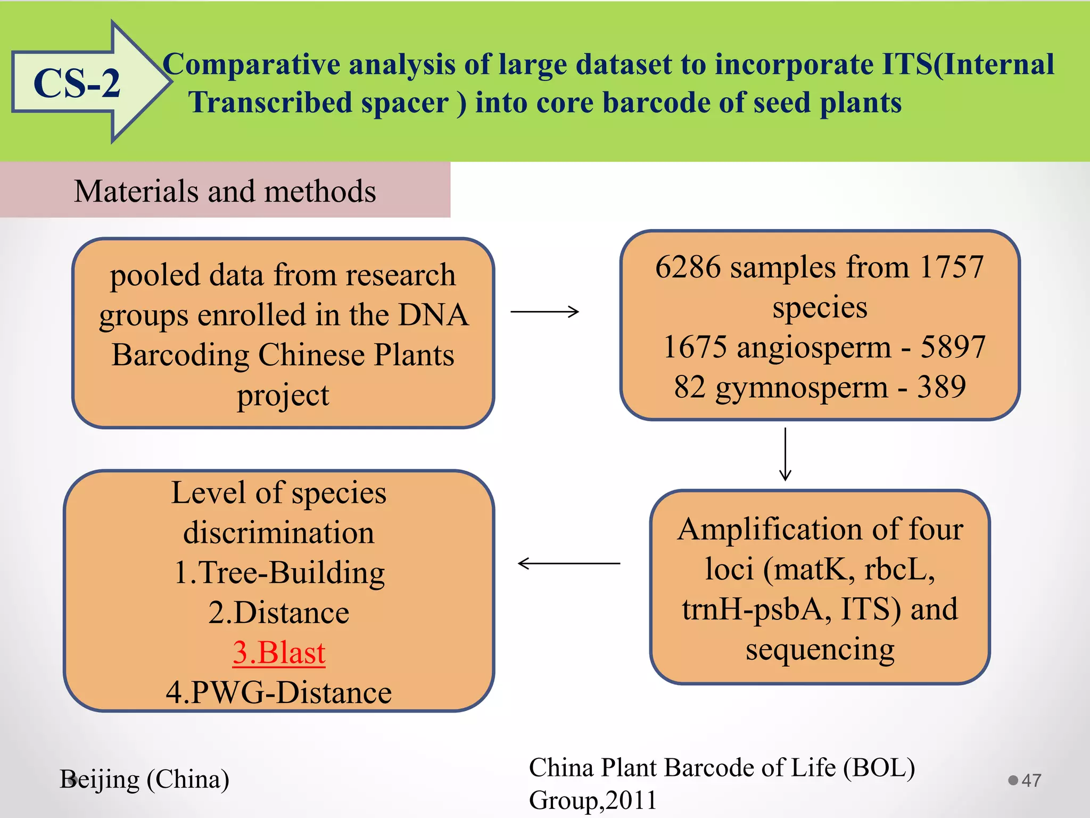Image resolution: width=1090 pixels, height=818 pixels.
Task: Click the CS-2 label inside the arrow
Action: pyautogui.click(x=77, y=84)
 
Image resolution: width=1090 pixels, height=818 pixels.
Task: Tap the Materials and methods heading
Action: pyautogui.click(x=225, y=191)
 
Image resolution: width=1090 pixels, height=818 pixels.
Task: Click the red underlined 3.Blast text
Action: pyautogui.click(x=279, y=652)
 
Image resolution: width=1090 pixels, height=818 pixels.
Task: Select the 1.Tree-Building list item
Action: pyautogui.click(x=279, y=572)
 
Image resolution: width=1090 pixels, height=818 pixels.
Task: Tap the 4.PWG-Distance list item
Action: pyautogui.click(x=279, y=692)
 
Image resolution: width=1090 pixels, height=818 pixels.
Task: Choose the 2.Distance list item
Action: pyautogui.click(x=279, y=612)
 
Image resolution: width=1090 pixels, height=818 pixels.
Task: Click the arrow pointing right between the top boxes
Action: pyautogui.click(x=544, y=312)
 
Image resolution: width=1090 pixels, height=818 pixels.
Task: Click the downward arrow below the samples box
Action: pyautogui.click(x=785, y=454)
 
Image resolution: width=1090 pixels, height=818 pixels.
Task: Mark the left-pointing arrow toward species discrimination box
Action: pyautogui.click(x=568, y=563)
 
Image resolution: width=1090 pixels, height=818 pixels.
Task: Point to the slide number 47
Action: pyautogui.click(x=1031, y=780)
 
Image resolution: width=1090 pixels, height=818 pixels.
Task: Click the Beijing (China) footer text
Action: pyautogui.click(x=145, y=779)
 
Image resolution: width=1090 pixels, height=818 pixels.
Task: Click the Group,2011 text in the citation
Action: pyautogui.click(x=593, y=800)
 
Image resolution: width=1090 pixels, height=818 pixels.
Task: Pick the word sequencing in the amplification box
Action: pyautogui.click(x=820, y=649)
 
